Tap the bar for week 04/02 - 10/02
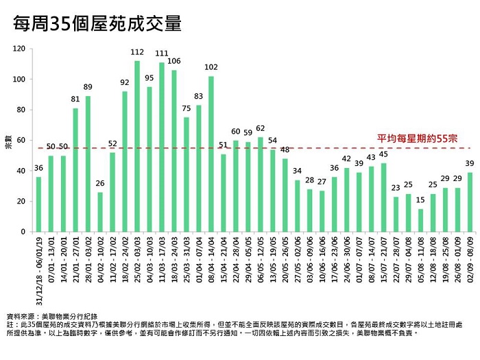100,212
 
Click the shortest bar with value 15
420,220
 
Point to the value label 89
88,87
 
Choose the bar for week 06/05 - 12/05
261,184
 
